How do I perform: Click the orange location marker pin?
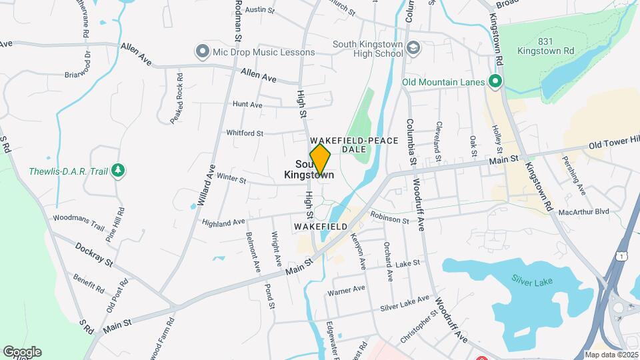[x=321, y=161]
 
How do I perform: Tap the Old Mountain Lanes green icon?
[x=495, y=83]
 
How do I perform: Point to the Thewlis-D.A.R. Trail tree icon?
[x=118, y=171]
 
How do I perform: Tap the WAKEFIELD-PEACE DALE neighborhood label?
[x=354, y=145]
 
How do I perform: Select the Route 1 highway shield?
[x=621, y=256]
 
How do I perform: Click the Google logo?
[x=22, y=352]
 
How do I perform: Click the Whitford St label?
[x=245, y=133]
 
